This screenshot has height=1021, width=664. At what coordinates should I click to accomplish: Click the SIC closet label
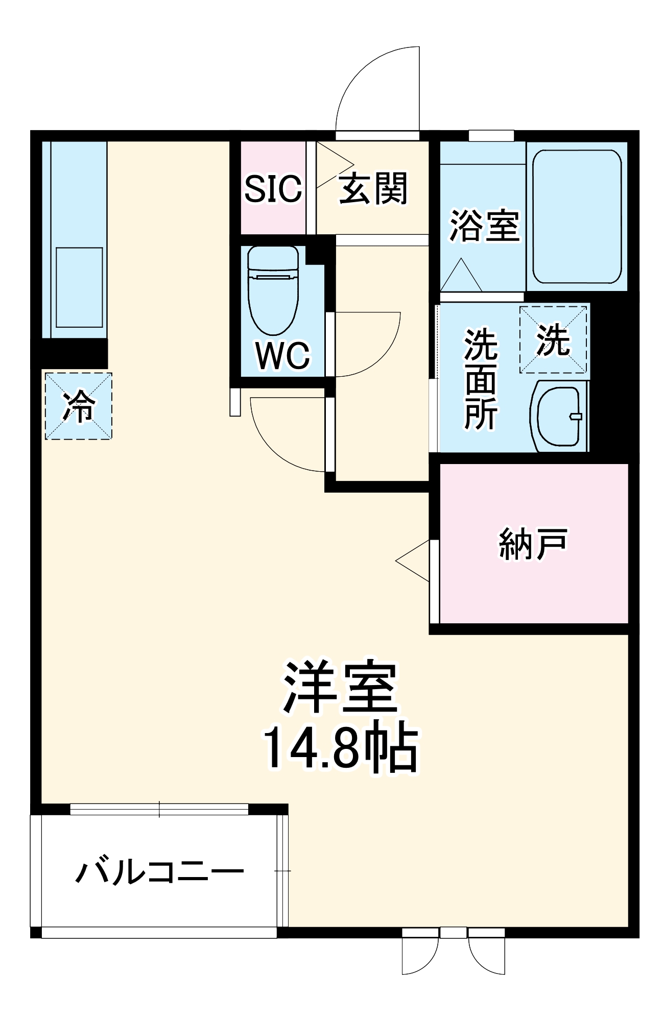point(273,189)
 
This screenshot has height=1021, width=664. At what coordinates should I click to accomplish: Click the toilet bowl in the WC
point(272,291)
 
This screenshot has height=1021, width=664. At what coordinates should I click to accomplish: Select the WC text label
point(282,355)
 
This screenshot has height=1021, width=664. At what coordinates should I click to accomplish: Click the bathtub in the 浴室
point(577,216)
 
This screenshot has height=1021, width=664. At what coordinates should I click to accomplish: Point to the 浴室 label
point(484,226)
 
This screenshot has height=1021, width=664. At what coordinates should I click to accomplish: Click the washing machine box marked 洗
point(553,340)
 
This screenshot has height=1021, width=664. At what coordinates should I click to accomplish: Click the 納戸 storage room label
point(533,544)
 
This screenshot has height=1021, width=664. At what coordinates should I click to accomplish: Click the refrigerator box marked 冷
point(79,406)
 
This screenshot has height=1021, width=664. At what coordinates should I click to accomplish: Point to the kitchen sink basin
point(79,287)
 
